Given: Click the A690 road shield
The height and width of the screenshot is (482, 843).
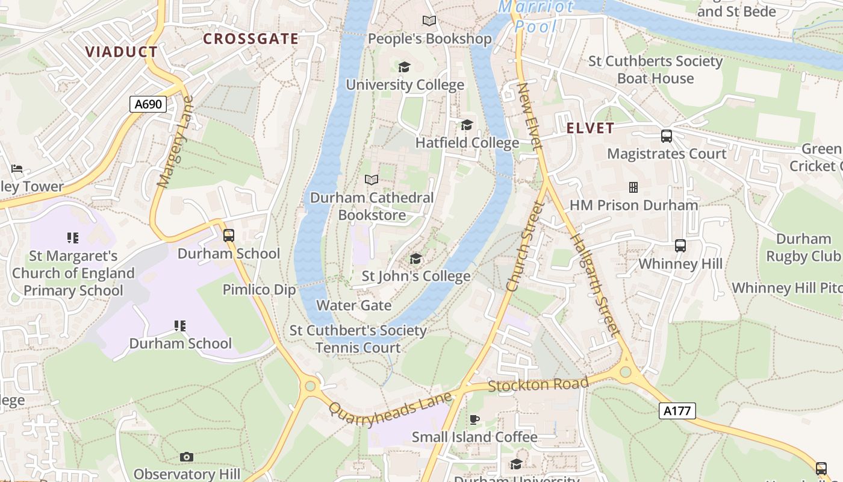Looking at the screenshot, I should pos(148,104).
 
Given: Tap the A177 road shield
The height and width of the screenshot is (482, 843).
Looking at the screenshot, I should pos(678,411).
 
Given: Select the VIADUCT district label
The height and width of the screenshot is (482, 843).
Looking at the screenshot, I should pos(121,52).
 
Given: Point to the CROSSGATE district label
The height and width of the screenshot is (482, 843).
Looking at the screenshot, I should pos(250,39).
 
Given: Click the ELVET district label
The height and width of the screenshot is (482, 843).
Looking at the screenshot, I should pos(590,128).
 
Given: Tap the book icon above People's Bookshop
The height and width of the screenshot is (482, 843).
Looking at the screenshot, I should pos(429,21).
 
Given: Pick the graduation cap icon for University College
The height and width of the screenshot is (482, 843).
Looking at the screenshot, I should pos(404,66).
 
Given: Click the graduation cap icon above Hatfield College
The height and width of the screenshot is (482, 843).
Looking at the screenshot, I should pos(467,125).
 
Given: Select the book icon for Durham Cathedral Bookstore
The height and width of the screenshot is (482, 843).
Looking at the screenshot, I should pos(372,180).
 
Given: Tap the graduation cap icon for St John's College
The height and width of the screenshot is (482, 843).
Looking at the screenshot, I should pos(415,258).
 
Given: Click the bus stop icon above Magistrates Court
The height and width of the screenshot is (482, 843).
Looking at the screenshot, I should pos(666,136).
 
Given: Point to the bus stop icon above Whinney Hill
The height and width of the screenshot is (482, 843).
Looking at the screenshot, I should pos(680,246).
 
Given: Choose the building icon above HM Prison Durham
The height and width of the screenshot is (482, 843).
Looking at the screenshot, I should pos(633,187).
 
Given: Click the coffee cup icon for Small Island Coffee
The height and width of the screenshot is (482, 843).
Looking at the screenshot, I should pos(474,419).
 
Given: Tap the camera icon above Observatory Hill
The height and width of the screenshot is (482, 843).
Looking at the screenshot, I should pos(187,457).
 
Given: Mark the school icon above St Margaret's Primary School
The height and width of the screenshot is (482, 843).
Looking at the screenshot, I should pos(73,238).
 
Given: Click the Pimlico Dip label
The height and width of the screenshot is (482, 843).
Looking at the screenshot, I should pos(260,290).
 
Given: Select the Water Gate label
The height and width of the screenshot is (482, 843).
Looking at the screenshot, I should pos(353,305).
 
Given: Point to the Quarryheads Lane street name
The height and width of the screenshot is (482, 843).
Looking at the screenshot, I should pos(390,409).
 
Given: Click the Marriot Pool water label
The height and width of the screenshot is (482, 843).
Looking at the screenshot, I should pos(536,16).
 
